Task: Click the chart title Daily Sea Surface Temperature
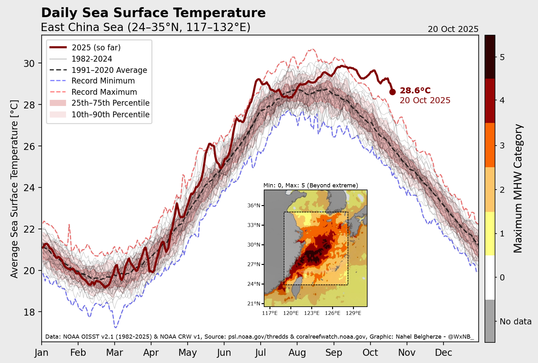[153, 13]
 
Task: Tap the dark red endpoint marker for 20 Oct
[392, 92]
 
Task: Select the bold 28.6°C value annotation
[415, 91]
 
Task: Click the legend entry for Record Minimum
[103, 81]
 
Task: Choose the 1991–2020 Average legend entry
[109, 70]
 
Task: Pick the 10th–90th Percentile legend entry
[110, 115]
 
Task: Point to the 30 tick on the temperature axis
[29, 64]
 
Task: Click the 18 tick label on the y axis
[29, 312]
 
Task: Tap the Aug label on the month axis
[297, 353]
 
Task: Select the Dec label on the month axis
[443, 353]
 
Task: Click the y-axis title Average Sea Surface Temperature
[14, 189]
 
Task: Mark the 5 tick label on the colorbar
[502, 58]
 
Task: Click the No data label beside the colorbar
[516, 322]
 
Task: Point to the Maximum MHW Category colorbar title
[518, 188]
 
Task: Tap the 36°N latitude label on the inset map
[254, 205]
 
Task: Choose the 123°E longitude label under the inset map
[312, 313]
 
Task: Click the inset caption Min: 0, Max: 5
[311, 185]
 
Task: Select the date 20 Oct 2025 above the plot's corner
[453, 29]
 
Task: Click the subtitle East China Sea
[145, 28]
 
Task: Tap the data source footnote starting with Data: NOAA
[259, 336]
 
